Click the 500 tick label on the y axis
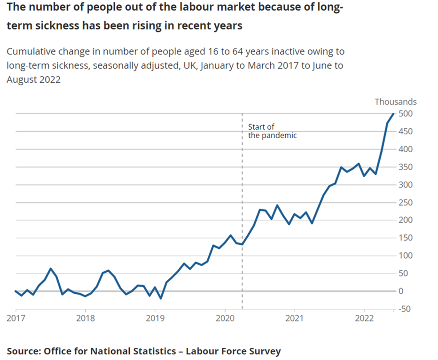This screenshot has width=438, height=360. [x=405, y=114]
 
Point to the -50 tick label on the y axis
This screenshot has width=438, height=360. [x=405, y=309]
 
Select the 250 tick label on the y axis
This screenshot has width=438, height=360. [x=405, y=203]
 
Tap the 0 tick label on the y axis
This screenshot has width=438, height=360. [x=401, y=291]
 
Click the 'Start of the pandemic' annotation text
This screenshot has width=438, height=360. [x=272, y=131]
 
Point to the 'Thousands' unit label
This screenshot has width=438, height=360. [x=395, y=102]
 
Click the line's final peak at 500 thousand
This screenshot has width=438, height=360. [x=393, y=114]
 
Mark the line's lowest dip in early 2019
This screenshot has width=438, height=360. [x=161, y=298]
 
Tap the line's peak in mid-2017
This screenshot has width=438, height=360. [x=51, y=269]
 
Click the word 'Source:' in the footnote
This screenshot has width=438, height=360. [x=23, y=351]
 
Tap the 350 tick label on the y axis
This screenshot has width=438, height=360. [x=405, y=167]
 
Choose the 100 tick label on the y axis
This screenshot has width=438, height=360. [x=405, y=256]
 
